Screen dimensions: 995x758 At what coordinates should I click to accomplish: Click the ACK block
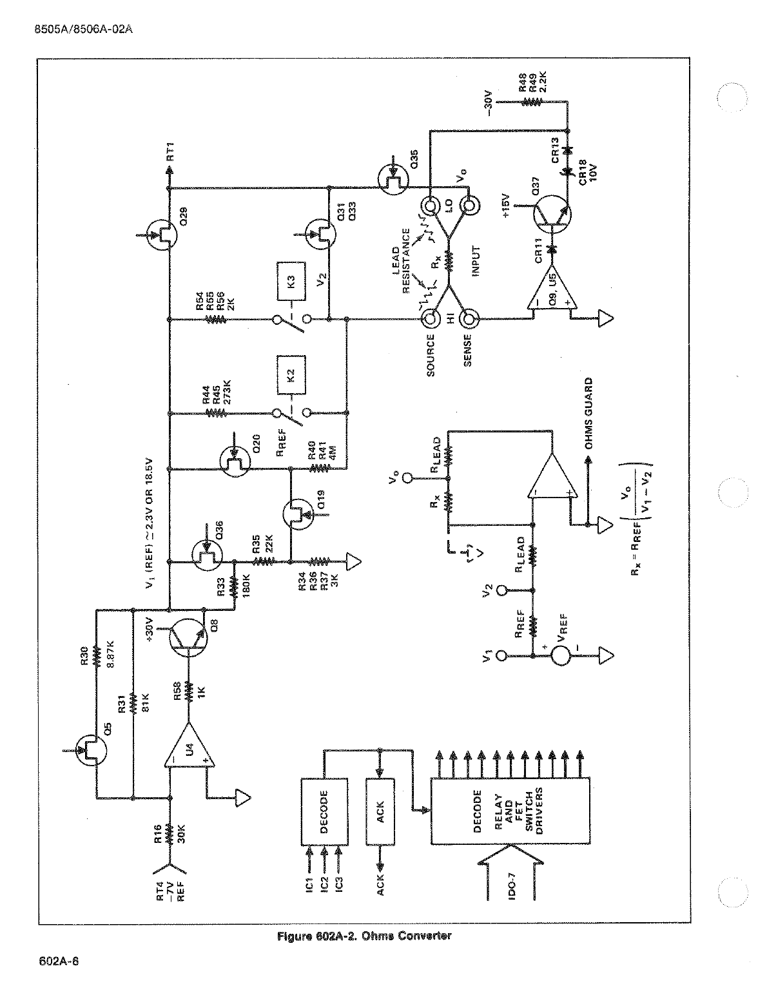click(380, 811)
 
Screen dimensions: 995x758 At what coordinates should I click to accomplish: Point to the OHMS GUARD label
click(588, 413)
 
